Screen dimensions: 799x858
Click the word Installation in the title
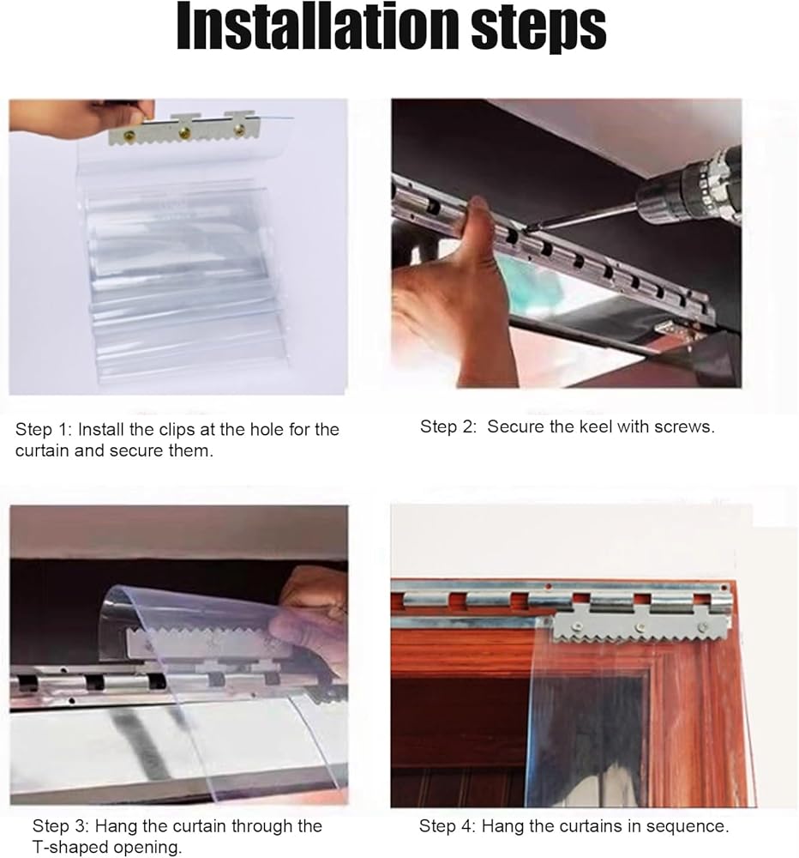(x=318, y=27)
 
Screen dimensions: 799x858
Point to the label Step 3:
(x=61, y=825)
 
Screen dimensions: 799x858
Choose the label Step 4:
(x=448, y=825)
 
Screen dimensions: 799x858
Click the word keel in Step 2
(x=594, y=426)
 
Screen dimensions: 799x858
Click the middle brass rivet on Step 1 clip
(x=185, y=132)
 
